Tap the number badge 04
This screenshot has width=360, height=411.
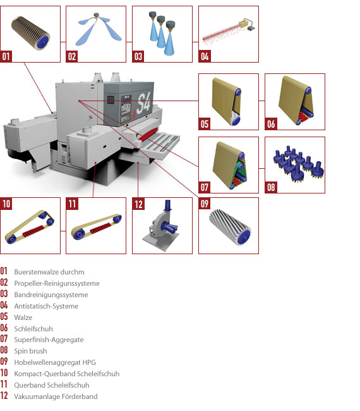tap(205, 56)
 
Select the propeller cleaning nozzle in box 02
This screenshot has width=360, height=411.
tap(97, 28)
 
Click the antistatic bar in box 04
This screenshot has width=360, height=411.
tap(229, 32)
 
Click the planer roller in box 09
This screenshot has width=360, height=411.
tap(230, 227)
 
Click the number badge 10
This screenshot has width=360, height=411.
tap(6, 204)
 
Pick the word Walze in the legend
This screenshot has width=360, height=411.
tap(23, 317)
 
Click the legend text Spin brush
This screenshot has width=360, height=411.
tap(31, 351)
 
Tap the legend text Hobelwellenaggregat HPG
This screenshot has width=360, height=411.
tap(55, 362)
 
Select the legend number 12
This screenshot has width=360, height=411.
tap(4, 396)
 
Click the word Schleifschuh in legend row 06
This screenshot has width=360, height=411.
tap(33, 329)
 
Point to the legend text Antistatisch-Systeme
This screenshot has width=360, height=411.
tap(46, 306)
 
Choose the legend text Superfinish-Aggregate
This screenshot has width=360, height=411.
tap(49, 340)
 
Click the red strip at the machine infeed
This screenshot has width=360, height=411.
tap(148, 134)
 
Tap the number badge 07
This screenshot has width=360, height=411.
tap(205, 187)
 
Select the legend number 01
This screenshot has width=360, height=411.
tap(4, 271)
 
